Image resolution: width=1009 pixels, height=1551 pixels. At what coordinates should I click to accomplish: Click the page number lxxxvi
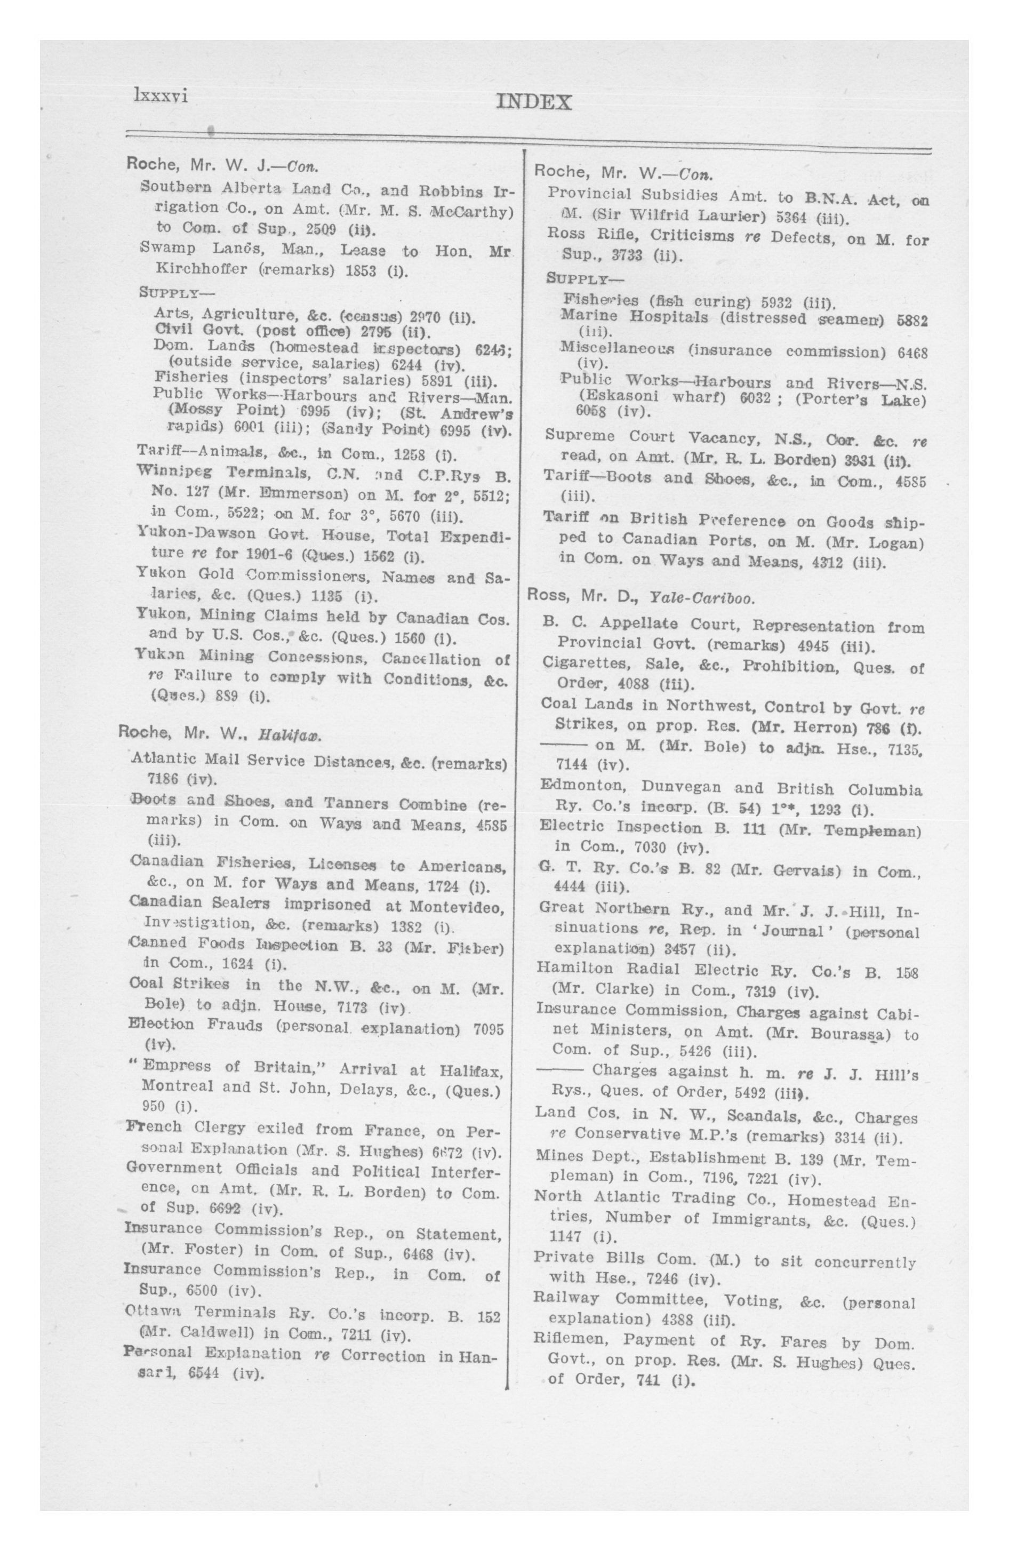tap(161, 97)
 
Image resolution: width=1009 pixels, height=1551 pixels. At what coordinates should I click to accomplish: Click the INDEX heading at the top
tap(533, 102)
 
